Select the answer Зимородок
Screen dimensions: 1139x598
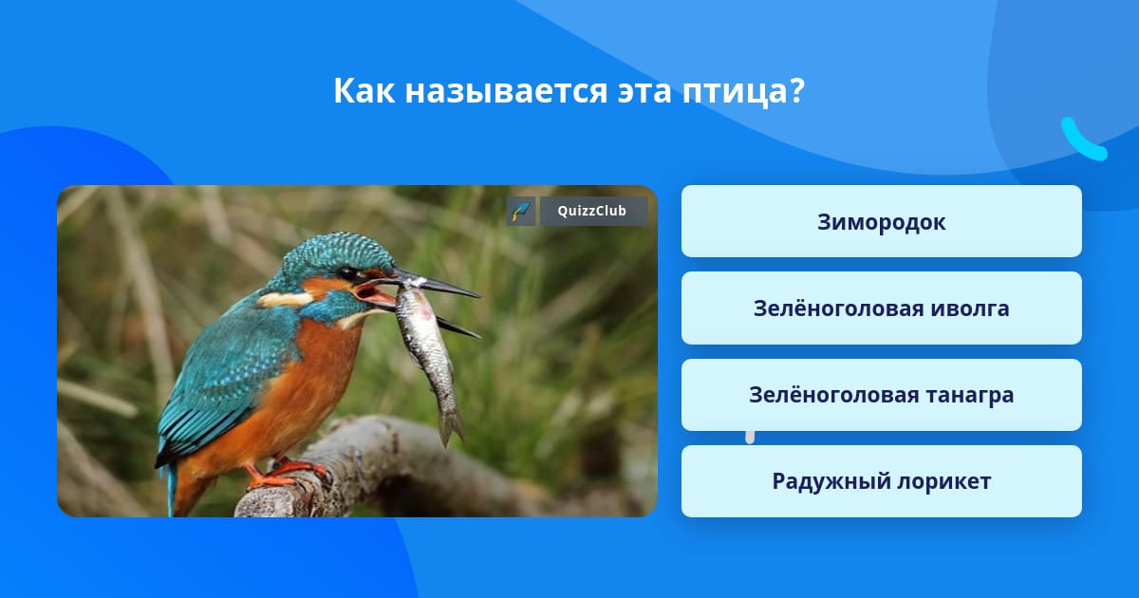(881, 221)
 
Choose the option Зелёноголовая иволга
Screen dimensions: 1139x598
(881, 308)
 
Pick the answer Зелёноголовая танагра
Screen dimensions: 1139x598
(881, 395)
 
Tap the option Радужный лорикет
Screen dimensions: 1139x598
(881, 481)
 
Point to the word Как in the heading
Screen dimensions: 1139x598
(364, 90)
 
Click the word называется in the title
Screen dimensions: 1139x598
(506, 91)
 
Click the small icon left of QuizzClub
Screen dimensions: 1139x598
(521, 211)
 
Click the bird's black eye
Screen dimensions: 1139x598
(347, 273)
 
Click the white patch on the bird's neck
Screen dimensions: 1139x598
(284, 299)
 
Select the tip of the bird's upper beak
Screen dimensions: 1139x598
(478, 295)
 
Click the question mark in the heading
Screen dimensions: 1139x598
(794, 91)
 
